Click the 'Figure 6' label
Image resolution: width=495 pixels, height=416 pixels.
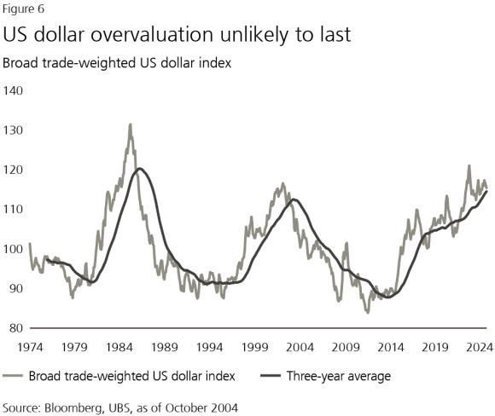click(x=24, y=9)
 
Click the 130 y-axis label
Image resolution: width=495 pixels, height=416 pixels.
click(x=16, y=130)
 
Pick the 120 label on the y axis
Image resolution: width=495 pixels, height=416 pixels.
click(x=16, y=170)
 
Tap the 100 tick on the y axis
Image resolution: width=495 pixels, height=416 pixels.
click(x=16, y=249)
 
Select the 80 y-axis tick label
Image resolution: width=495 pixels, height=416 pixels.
click(x=14, y=327)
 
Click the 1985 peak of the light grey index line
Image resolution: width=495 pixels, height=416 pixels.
click(x=130, y=124)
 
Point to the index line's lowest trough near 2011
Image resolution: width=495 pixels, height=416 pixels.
click(x=368, y=312)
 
